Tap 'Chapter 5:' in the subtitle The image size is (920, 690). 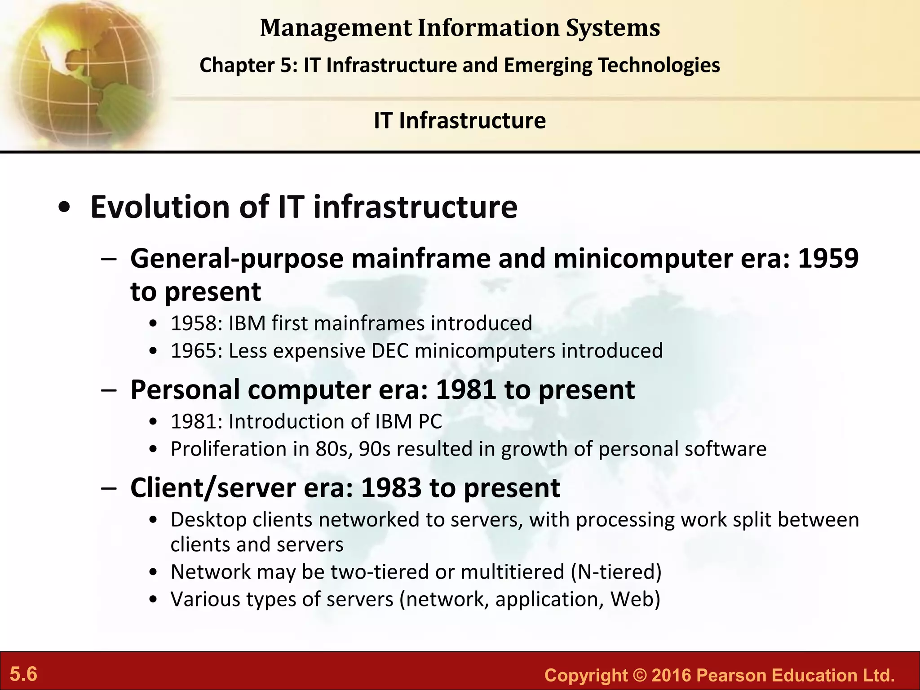click(248, 65)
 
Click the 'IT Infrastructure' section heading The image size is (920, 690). click(460, 120)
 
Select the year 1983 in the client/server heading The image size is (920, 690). click(391, 488)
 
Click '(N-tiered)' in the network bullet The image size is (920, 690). click(616, 572)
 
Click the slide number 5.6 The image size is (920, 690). click(23, 674)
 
